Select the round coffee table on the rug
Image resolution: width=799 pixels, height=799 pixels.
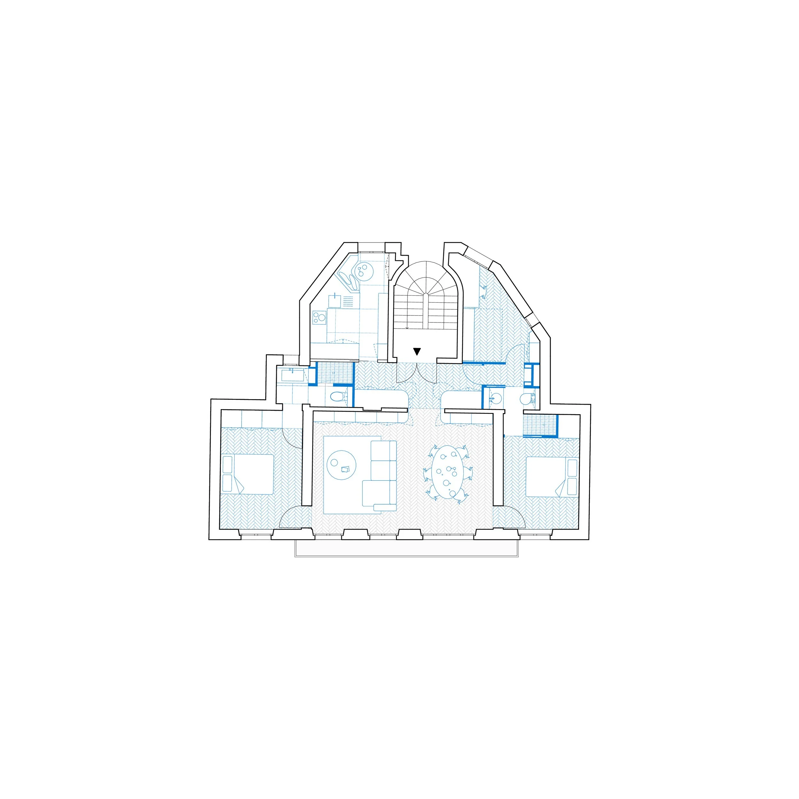(x=341, y=465)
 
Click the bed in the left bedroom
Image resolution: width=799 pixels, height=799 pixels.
(x=248, y=474)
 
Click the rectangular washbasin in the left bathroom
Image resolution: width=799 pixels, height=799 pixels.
(x=292, y=375)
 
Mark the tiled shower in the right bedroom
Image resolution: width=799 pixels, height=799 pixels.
(x=539, y=425)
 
